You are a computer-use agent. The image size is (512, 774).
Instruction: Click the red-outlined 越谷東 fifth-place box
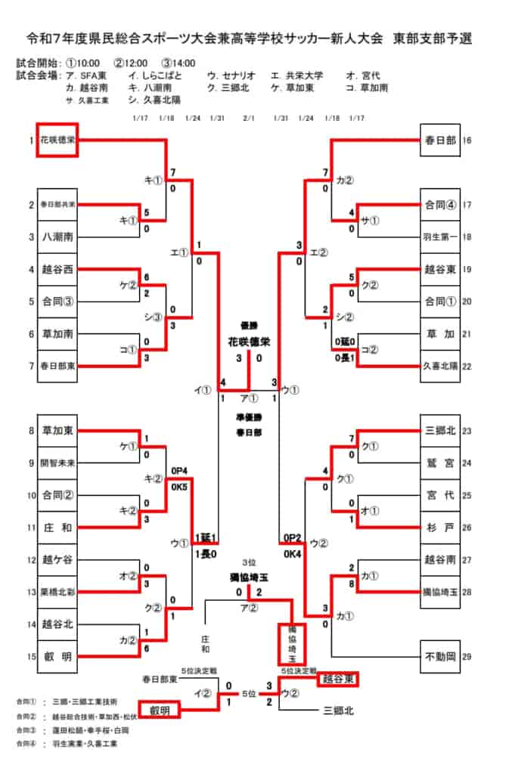337,678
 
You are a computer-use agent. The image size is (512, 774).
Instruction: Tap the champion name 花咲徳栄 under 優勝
249,342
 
